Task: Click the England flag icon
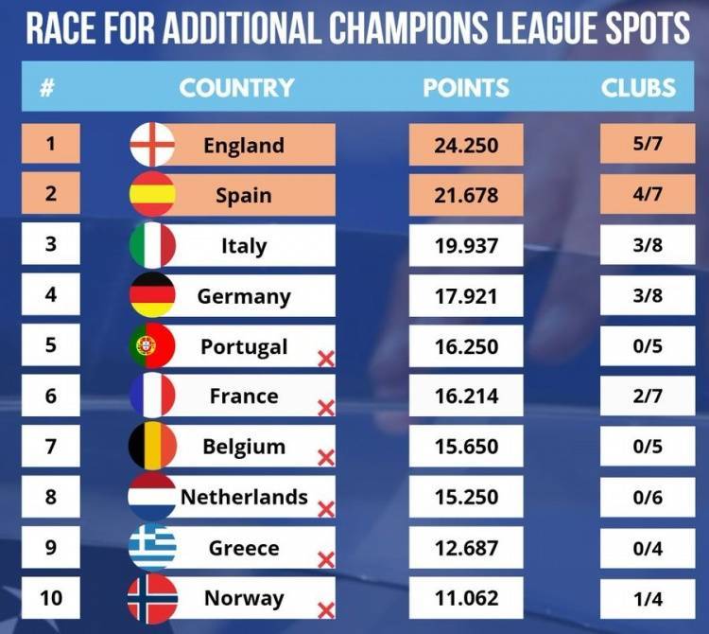click(x=152, y=145)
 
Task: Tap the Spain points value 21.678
click(x=465, y=196)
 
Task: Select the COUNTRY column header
click(x=236, y=88)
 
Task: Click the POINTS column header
click(x=466, y=88)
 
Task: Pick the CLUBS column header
click(x=638, y=88)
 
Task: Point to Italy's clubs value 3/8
click(x=648, y=245)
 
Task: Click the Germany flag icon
click(x=152, y=295)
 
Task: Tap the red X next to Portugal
click(x=326, y=359)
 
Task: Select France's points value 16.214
click(x=465, y=396)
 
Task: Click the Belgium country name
click(x=244, y=447)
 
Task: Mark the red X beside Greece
click(x=326, y=559)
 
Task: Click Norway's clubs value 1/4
click(x=648, y=597)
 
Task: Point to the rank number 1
click(x=50, y=144)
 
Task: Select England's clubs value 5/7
click(x=648, y=146)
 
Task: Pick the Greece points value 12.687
click(x=465, y=547)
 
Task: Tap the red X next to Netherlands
click(x=326, y=509)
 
